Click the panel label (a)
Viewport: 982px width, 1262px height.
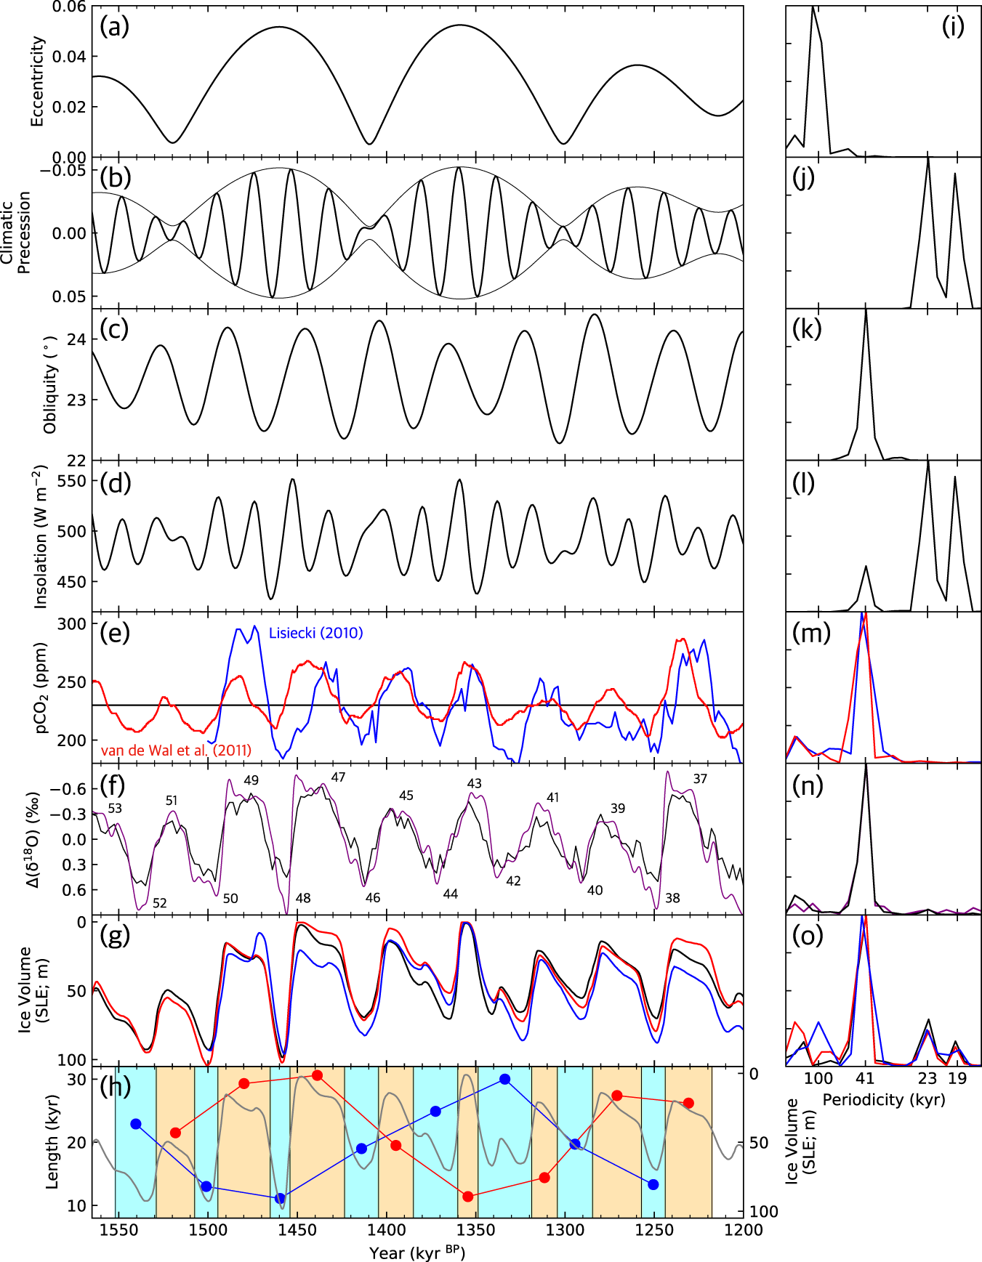click(114, 27)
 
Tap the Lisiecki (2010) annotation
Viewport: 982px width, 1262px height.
click(315, 633)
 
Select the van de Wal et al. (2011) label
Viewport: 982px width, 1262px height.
click(176, 751)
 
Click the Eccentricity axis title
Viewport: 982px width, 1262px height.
click(37, 81)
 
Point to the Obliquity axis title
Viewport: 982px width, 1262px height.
click(50, 385)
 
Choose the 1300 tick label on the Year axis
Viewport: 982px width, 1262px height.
click(565, 1229)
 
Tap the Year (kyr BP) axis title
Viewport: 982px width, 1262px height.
click(417, 1253)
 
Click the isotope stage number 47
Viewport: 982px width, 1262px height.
click(338, 777)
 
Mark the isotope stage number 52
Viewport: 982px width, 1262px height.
click(160, 903)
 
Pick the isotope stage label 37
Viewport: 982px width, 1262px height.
click(700, 779)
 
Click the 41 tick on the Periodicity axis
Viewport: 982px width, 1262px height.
click(865, 1078)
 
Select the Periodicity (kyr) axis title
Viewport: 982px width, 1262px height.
click(884, 1100)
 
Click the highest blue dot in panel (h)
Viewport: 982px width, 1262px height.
click(504, 1080)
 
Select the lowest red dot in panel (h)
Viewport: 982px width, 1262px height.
click(468, 1197)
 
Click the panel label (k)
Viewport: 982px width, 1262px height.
click(807, 329)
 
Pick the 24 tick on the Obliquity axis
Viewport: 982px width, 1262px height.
click(78, 340)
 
